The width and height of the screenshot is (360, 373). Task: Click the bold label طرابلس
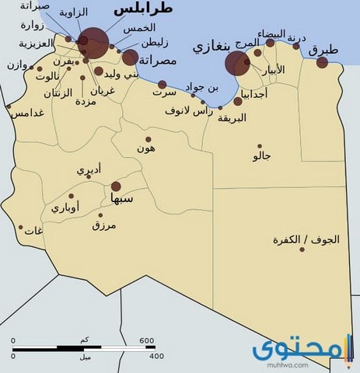pyautogui.click(x=143, y=9)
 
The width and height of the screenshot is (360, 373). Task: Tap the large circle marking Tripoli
pyautogui.click(x=95, y=42)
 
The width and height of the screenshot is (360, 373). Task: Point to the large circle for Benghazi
pyautogui.click(x=237, y=64)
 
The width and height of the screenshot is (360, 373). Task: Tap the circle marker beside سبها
pyautogui.click(x=116, y=186)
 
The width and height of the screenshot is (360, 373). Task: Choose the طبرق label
pyautogui.click(x=323, y=50)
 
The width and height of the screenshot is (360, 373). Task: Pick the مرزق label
pyautogui.click(x=103, y=226)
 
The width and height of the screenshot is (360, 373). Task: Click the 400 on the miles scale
pyautogui.click(x=156, y=356)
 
